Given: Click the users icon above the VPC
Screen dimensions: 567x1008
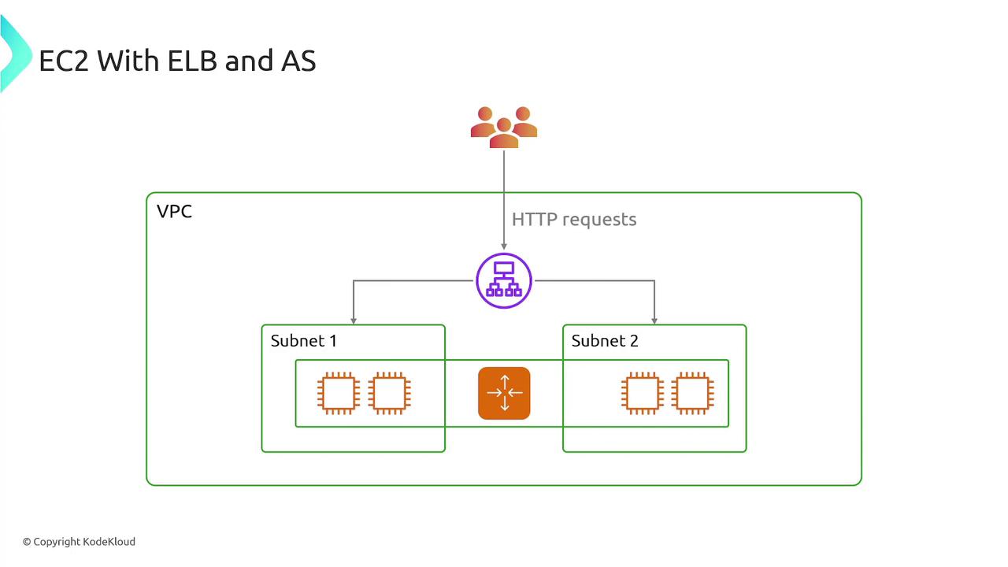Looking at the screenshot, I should [504, 128].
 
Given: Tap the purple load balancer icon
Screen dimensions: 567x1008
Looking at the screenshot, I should [504, 280].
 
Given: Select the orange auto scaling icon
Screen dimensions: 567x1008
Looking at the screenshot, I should [504, 393].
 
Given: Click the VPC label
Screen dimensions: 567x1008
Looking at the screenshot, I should [174, 212].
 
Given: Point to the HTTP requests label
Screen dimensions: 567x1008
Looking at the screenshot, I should [574, 220].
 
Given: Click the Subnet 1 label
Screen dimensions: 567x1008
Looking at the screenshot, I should [303, 341].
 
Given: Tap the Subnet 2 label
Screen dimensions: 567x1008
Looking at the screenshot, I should [605, 341].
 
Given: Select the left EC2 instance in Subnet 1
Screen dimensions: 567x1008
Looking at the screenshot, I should [339, 393].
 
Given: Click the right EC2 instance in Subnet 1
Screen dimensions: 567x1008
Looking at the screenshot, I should [389, 393].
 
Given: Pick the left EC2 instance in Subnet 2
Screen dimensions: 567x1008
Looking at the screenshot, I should [642, 393].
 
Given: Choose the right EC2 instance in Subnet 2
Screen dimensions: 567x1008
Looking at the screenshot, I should [693, 393].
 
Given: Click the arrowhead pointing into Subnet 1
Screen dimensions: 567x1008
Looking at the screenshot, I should [354, 321].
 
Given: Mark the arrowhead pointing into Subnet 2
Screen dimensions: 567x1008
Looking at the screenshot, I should [654, 321].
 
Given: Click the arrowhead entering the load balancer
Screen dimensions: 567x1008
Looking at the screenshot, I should [504, 247].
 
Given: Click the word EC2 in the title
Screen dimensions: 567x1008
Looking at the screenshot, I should [64, 61].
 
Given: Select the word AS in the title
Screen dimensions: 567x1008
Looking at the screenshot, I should [298, 61].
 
